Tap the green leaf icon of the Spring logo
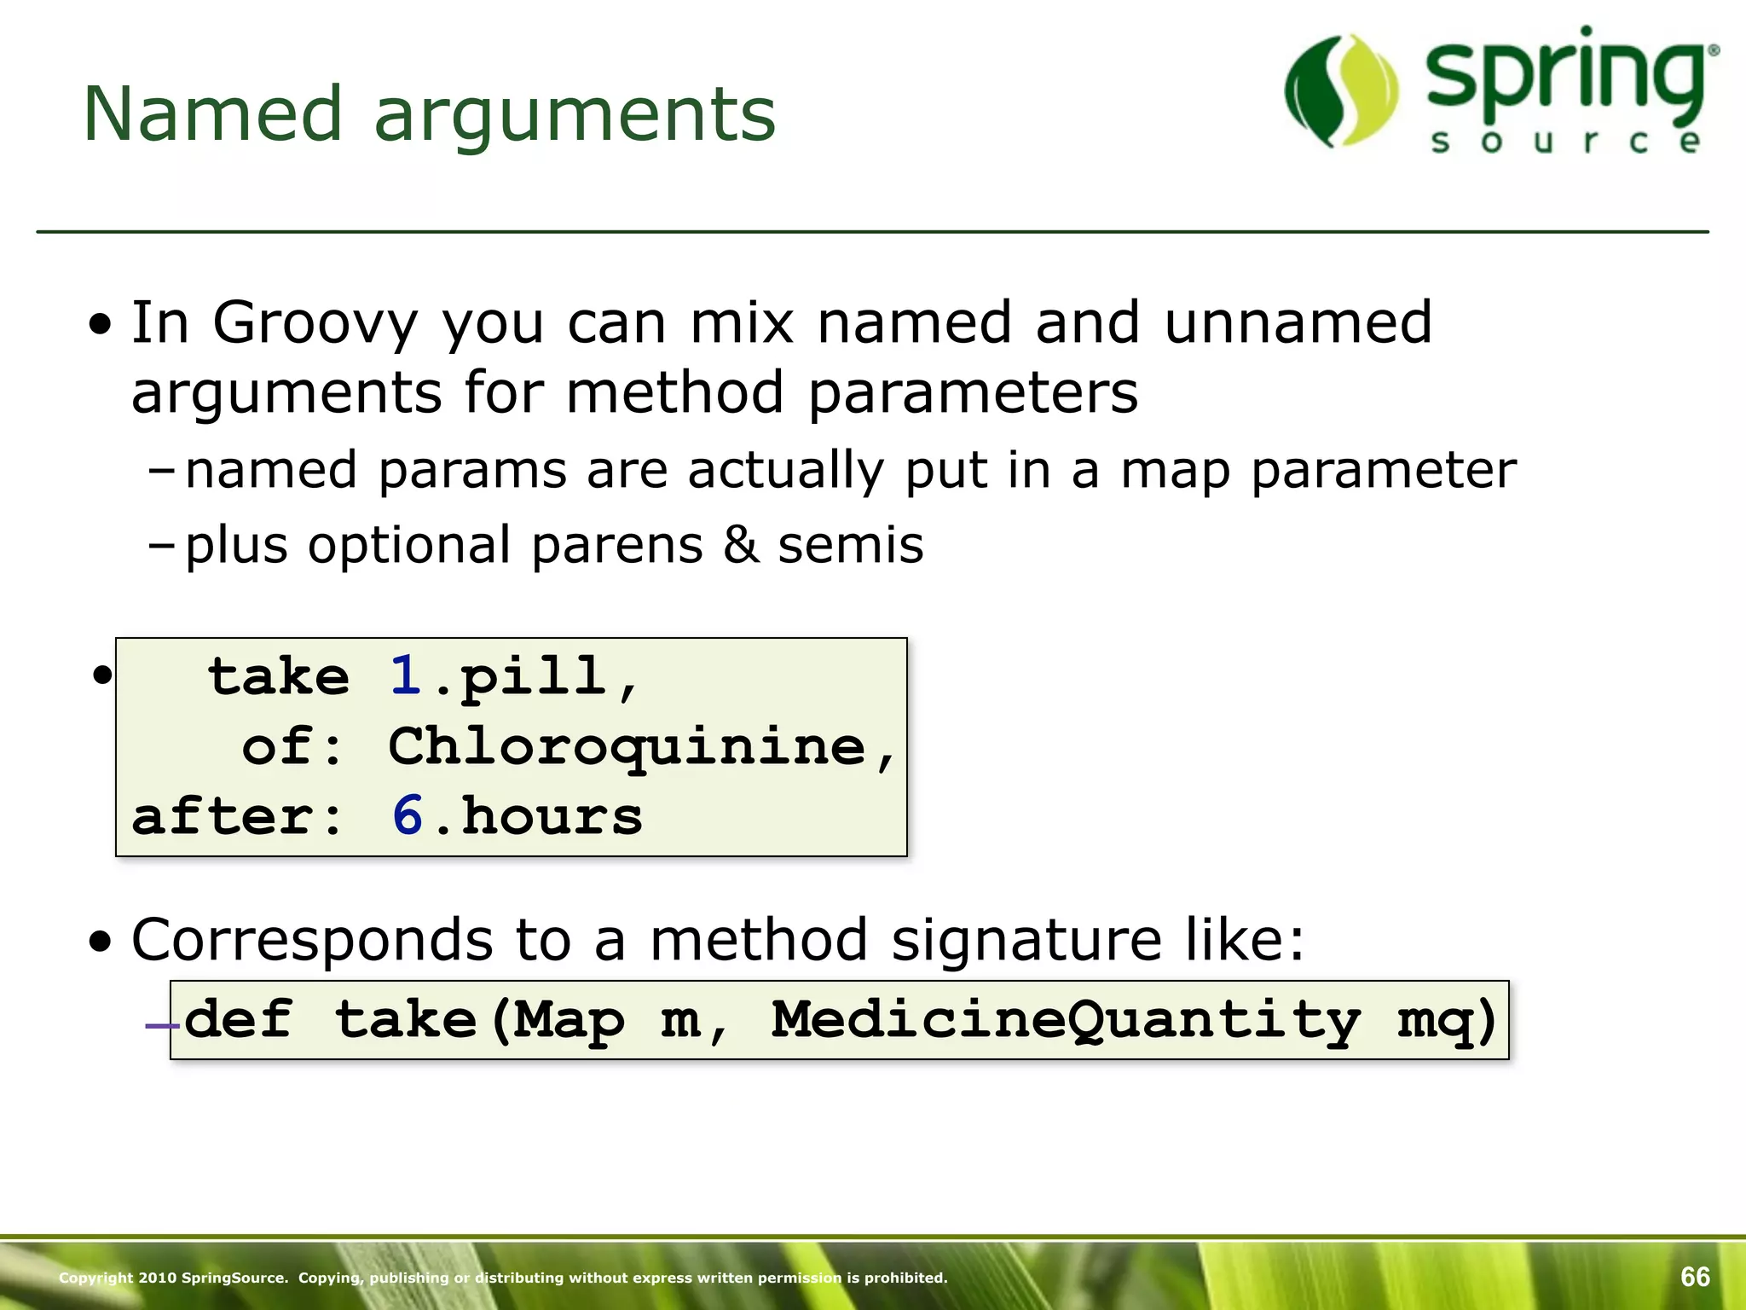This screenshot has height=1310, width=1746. click(x=1341, y=91)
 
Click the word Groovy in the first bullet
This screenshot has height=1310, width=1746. click(x=315, y=323)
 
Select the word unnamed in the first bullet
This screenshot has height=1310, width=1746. click(x=1298, y=323)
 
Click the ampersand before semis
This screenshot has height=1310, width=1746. click(x=741, y=546)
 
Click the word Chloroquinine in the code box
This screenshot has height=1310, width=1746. click(x=627, y=746)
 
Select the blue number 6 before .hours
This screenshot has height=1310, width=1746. click(x=408, y=816)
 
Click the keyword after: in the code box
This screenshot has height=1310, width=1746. click(x=236, y=816)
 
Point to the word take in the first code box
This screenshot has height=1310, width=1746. click(x=279, y=676)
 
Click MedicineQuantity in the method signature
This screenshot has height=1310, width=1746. click(x=1065, y=1019)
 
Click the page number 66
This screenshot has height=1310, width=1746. click(x=1695, y=1277)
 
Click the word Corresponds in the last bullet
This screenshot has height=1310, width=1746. click(x=311, y=941)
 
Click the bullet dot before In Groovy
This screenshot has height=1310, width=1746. click(x=101, y=325)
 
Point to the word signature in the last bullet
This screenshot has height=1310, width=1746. click(x=1026, y=941)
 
